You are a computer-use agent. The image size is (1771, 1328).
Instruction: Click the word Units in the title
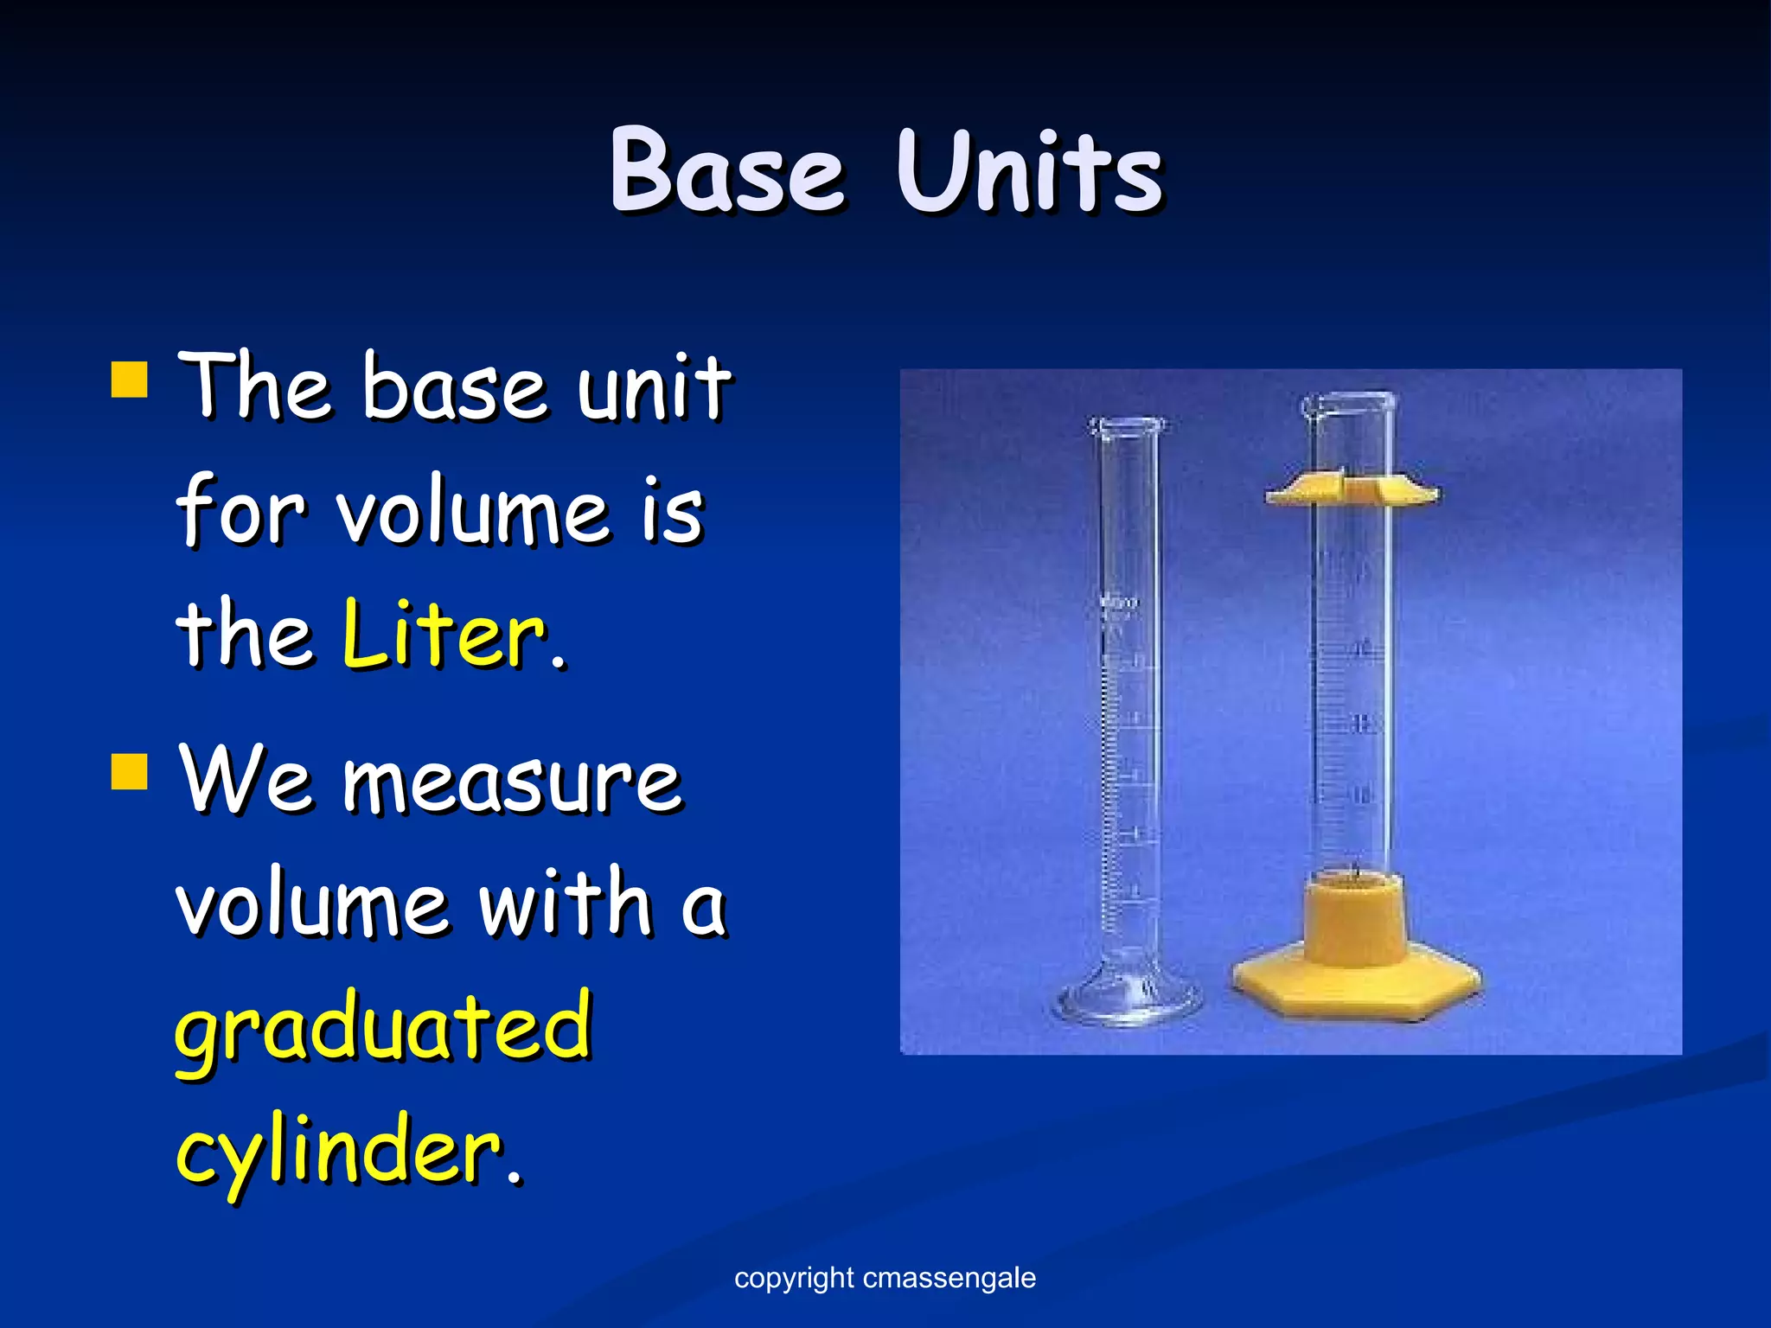[1029, 170]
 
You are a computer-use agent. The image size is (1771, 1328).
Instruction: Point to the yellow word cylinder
[339, 1150]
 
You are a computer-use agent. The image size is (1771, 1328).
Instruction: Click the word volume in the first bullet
[471, 512]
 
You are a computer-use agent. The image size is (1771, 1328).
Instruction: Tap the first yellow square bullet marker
[130, 380]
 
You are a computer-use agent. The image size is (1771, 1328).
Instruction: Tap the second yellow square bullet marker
[130, 771]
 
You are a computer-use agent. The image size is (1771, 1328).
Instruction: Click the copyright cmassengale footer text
[885, 1278]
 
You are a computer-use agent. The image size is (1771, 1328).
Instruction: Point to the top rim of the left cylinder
[1127, 425]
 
